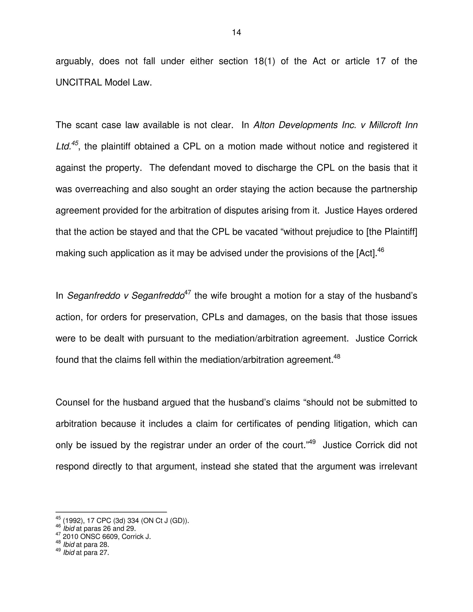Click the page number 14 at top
click(x=236, y=33)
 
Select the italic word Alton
click(x=264, y=125)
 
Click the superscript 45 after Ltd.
click(x=75, y=143)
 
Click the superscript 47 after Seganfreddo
click(x=188, y=293)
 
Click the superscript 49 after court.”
click(x=312, y=442)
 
